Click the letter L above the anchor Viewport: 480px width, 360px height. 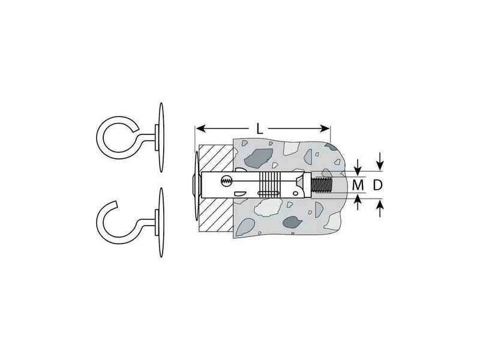tap(260, 129)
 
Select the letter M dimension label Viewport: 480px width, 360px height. tap(358, 185)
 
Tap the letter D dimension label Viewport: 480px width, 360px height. tap(378, 185)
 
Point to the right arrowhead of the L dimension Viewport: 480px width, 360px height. tap(325, 128)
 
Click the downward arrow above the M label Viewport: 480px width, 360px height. tap(358, 167)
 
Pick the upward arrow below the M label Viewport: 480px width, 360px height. tap(358, 202)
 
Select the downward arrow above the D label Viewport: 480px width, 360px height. tap(380, 161)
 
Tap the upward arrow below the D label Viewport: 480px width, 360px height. tap(380, 208)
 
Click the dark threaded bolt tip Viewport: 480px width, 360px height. tap(322, 185)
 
